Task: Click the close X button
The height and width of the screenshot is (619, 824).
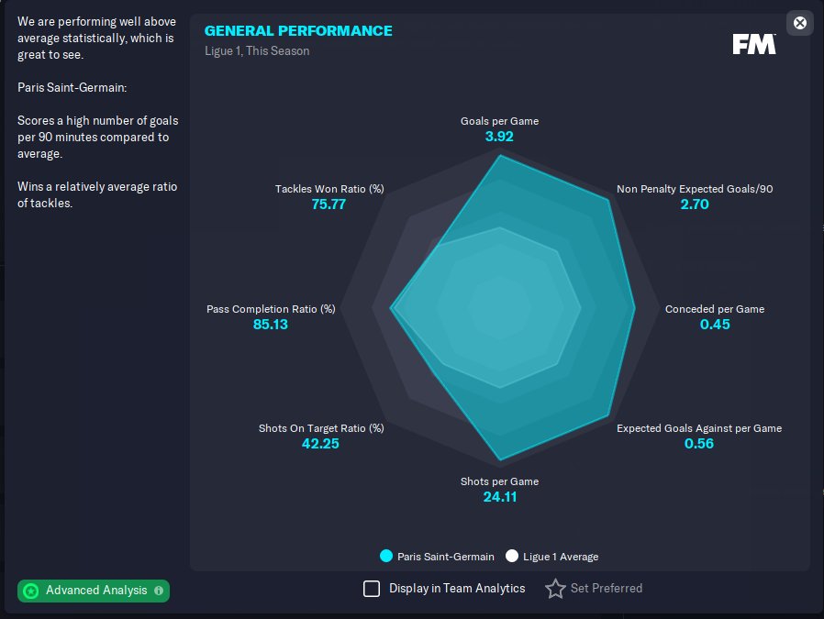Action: (799, 23)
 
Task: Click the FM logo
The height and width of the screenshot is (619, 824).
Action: (754, 44)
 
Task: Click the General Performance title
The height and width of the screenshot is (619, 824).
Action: (298, 31)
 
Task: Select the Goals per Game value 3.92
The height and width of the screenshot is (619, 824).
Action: (499, 137)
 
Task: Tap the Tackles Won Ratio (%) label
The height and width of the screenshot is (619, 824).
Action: (329, 189)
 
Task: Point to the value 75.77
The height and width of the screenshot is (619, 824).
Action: (328, 204)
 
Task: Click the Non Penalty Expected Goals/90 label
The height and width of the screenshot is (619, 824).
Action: (695, 189)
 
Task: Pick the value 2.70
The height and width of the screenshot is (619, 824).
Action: (695, 204)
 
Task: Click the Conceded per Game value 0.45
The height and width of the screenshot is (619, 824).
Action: (715, 325)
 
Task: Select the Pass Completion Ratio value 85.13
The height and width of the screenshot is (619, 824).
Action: (271, 325)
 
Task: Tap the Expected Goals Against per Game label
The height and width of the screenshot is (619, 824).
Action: (699, 428)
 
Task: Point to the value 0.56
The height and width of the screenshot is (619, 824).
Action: (699, 444)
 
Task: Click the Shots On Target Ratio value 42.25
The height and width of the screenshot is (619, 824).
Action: (321, 444)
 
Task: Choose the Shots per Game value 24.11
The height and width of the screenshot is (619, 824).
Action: (499, 497)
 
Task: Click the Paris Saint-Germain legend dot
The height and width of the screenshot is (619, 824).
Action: (386, 557)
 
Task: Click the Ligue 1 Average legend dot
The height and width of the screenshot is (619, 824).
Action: (512, 557)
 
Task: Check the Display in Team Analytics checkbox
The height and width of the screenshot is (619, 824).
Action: (372, 589)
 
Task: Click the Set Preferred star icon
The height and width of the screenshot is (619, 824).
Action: (555, 589)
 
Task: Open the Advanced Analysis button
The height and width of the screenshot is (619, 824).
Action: (94, 591)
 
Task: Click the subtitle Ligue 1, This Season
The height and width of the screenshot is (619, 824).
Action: (257, 51)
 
